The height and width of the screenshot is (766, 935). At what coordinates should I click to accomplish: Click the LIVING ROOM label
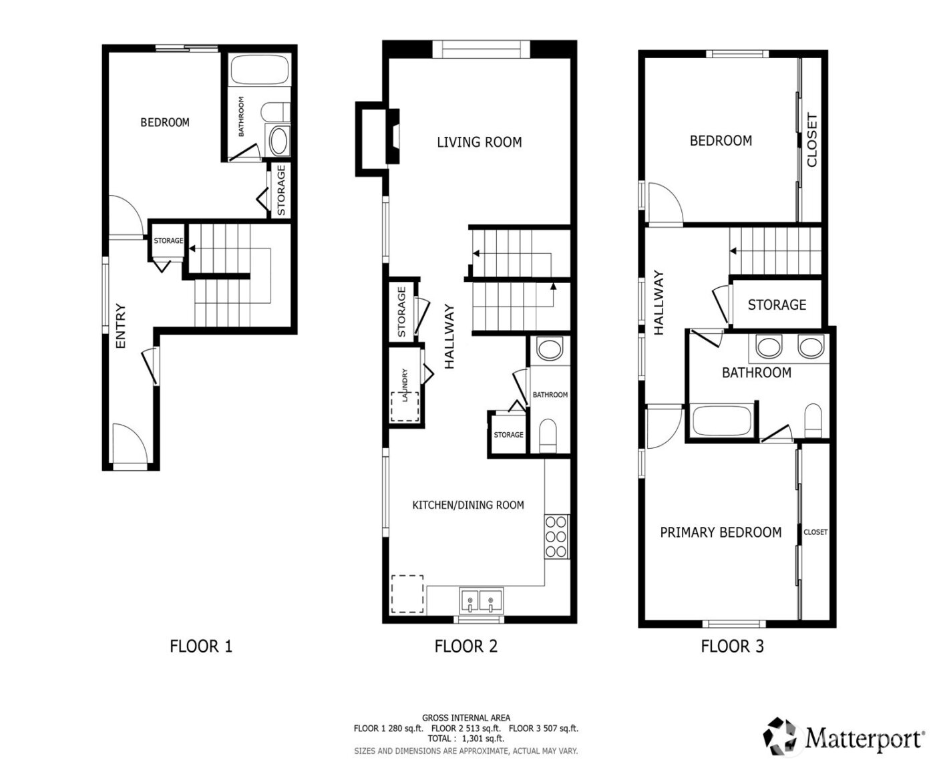coord(479,142)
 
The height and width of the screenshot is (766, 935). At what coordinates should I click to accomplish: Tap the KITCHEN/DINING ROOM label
coord(467,505)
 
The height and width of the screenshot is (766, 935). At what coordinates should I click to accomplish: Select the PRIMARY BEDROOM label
coord(721,532)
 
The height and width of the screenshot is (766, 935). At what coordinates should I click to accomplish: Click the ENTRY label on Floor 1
coord(121,327)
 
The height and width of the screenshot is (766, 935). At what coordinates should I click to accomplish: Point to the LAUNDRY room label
coord(404,385)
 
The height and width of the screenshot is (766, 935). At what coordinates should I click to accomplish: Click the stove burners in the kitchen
coord(556,536)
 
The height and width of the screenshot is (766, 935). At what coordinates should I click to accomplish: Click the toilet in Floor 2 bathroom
coord(548,435)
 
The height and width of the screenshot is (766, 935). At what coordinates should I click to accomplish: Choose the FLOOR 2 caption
coord(465,646)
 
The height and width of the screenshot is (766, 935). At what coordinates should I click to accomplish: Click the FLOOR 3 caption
coord(732,646)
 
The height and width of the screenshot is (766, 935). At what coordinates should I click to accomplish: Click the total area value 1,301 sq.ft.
coord(482,739)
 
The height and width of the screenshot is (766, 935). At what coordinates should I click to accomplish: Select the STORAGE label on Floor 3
coord(777,305)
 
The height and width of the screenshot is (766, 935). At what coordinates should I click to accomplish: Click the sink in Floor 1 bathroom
coord(278,140)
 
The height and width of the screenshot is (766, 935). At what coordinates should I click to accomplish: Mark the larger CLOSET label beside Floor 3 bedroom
coord(812,140)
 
